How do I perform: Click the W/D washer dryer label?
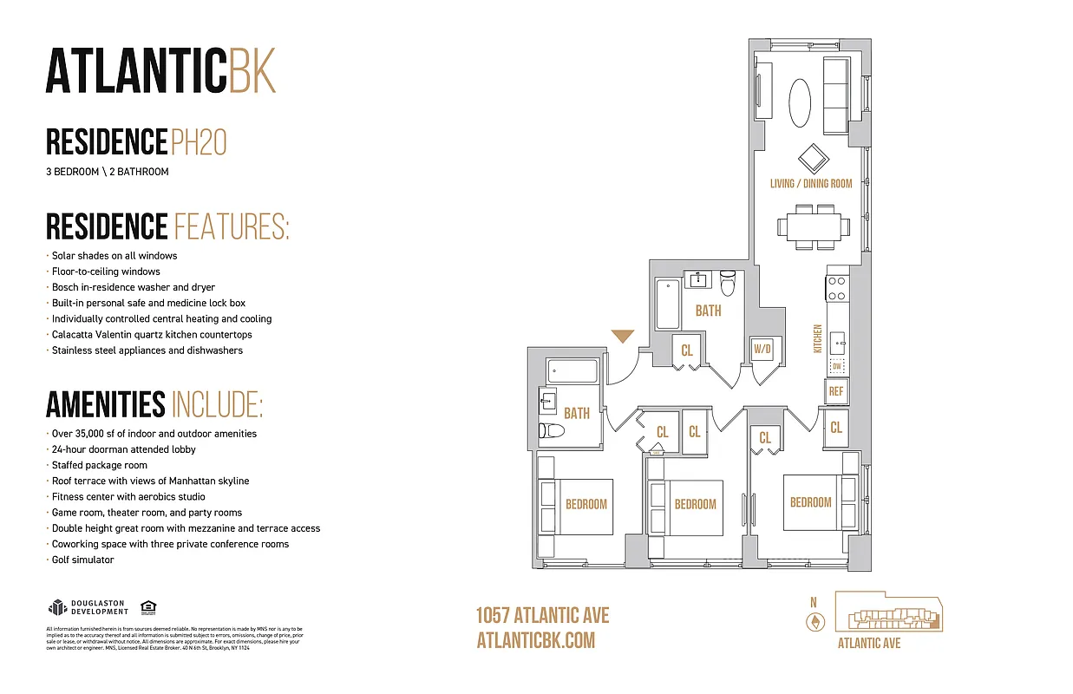(x=762, y=350)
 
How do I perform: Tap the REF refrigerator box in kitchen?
(x=836, y=391)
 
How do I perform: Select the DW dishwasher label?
(x=836, y=367)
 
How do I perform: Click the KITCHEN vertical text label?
(x=817, y=338)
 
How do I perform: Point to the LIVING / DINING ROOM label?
(x=811, y=184)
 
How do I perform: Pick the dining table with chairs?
(x=813, y=226)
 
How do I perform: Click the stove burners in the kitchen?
(x=836, y=287)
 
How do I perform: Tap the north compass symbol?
(x=814, y=621)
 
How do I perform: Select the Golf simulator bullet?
(x=82, y=560)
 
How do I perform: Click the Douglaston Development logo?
(x=88, y=606)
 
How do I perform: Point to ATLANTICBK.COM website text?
(x=536, y=640)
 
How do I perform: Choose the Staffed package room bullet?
(x=100, y=465)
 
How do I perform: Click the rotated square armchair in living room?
(x=813, y=158)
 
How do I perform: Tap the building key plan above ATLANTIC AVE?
(x=888, y=612)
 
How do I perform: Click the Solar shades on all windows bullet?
(x=114, y=256)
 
